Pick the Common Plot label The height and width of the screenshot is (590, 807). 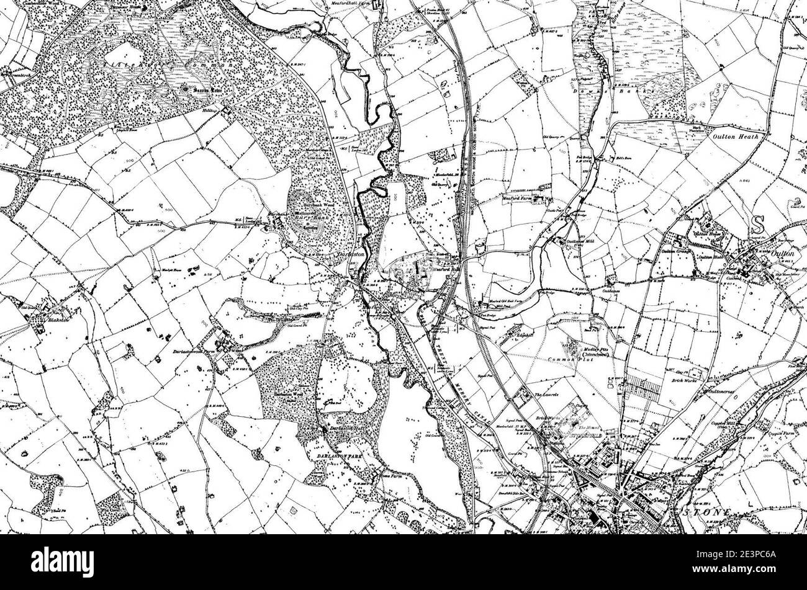(x=566, y=360)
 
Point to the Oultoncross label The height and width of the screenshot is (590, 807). (x=722, y=392)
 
